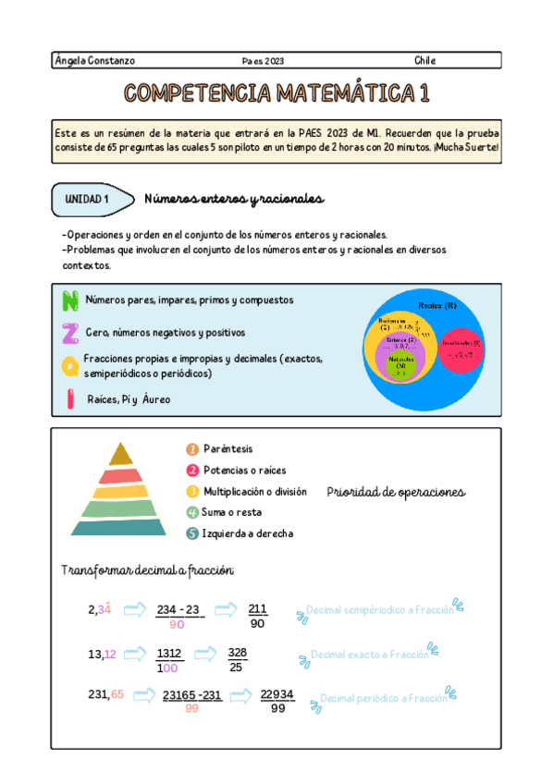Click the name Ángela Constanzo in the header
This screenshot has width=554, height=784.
coord(95,61)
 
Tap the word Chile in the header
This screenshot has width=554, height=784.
coord(425,61)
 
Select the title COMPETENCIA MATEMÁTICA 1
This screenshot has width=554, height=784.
coord(277,93)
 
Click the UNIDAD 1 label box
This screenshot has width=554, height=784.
coord(88,199)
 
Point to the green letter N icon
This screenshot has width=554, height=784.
coord(69,300)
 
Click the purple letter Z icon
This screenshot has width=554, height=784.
coord(69,333)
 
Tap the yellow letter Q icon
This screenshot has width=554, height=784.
coord(69,366)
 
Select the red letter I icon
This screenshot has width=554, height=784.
coord(69,398)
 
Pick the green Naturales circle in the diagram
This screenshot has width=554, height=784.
coord(400,366)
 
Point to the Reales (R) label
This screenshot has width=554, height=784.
coord(437,305)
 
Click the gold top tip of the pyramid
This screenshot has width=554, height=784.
coord(121,454)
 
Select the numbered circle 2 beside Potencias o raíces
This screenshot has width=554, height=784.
coord(192,471)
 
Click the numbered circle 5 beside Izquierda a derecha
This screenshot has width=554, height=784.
coord(192,533)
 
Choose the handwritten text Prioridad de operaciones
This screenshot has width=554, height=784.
coord(396,493)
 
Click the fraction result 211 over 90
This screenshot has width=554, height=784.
coord(258,616)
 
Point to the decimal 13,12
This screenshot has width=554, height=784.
coord(102,655)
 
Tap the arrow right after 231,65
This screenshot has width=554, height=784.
coord(143,694)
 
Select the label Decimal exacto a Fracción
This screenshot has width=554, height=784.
coord(370,655)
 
